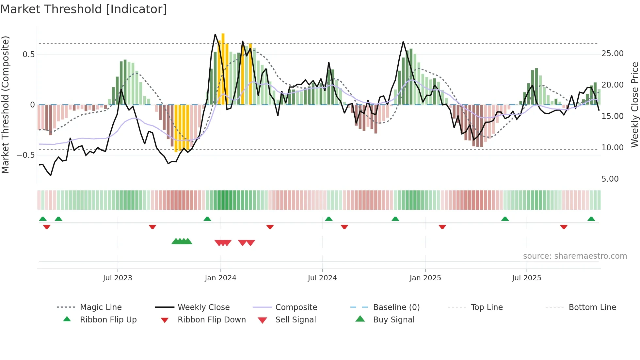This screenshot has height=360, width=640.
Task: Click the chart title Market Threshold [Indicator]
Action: coord(84,9)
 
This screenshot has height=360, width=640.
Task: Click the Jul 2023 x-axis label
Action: coord(118,278)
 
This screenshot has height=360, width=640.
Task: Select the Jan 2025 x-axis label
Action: coord(425,278)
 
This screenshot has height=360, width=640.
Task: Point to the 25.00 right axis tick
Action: coord(612,54)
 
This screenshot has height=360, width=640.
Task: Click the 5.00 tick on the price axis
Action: coord(610,179)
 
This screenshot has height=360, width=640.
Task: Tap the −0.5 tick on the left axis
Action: coord(26,155)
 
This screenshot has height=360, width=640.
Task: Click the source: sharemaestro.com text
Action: coord(575,256)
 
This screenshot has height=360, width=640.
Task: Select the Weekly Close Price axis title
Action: coord(634,105)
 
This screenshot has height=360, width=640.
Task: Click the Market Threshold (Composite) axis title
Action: coord(5,105)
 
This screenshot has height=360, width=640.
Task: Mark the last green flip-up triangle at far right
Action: coord(591,219)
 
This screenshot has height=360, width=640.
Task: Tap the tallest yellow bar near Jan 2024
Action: coord(223,69)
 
